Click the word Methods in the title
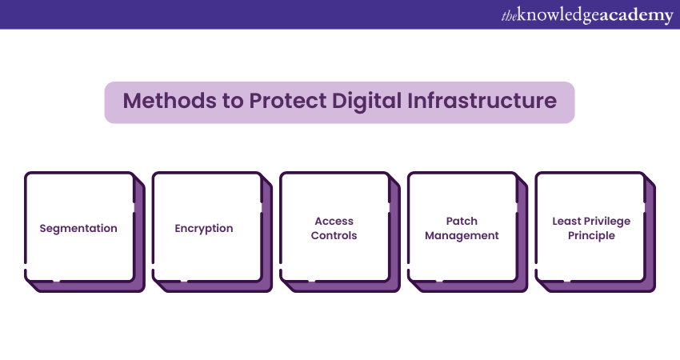pyautogui.click(x=170, y=101)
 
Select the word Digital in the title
pyautogui.click(x=367, y=102)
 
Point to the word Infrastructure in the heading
pyautogui.click(x=482, y=101)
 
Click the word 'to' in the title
pyautogui.click(x=233, y=101)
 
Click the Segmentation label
pyautogui.click(x=78, y=229)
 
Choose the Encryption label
pyautogui.click(x=204, y=229)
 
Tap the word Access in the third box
pyautogui.click(x=334, y=222)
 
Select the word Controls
pyautogui.click(x=334, y=235)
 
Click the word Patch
pyautogui.click(x=462, y=222)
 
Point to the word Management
pyautogui.click(x=462, y=235)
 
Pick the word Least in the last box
pyautogui.click(x=566, y=222)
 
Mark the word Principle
pyautogui.click(x=591, y=236)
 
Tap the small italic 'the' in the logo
pyautogui.click(x=509, y=16)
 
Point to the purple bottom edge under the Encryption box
pyautogui.click(x=213, y=286)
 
